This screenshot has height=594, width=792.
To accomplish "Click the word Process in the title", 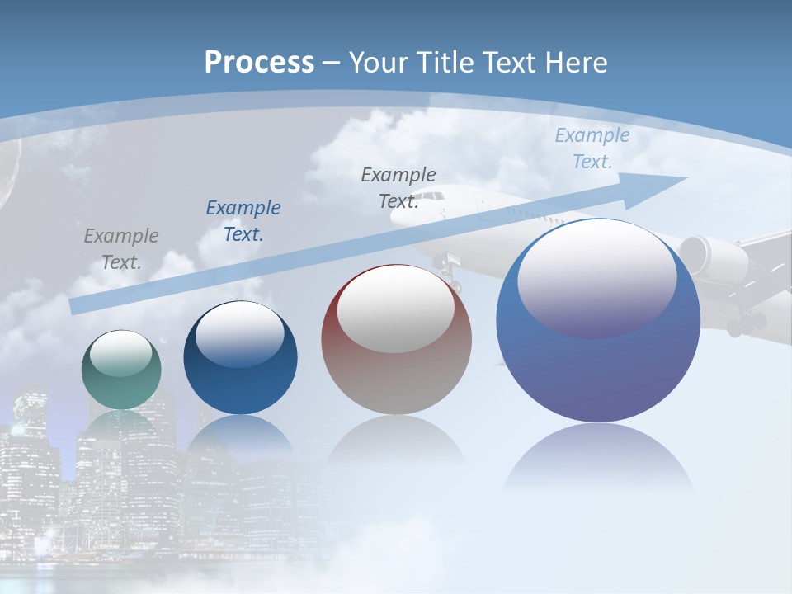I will click(259, 63).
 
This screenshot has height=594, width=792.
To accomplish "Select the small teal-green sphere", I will click(121, 370).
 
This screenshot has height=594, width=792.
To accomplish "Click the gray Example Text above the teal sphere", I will click(120, 249).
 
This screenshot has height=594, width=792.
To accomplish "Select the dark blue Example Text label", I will click(243, 221).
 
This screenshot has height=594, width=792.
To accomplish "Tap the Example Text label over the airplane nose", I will click(398, 187).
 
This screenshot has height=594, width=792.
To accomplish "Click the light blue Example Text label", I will click(592, 148).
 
